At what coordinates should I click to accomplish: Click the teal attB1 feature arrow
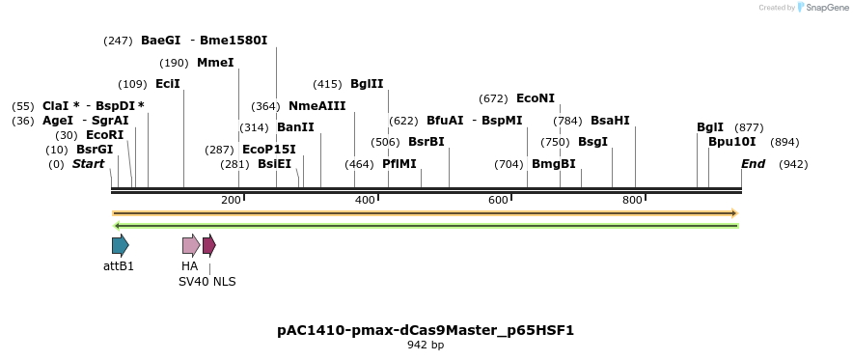120,245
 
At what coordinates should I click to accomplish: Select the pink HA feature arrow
191,245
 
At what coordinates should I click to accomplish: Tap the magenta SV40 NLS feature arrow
209,245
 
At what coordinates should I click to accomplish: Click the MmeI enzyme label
215,63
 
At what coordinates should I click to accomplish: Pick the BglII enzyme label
367,84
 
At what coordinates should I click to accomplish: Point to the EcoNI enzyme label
536,98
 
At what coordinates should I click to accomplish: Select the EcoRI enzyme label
105,135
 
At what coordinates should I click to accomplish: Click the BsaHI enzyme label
610,121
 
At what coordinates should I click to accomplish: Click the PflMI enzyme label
399,164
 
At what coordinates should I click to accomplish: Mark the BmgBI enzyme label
554,164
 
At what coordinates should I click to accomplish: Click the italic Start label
88,164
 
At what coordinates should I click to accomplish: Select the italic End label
753,164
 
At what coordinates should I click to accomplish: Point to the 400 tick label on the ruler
365,200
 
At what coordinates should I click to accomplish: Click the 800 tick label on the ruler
632,200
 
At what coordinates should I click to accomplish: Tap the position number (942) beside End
793,164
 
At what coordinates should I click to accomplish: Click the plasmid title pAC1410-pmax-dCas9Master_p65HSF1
426,330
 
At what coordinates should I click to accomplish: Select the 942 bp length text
426,346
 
